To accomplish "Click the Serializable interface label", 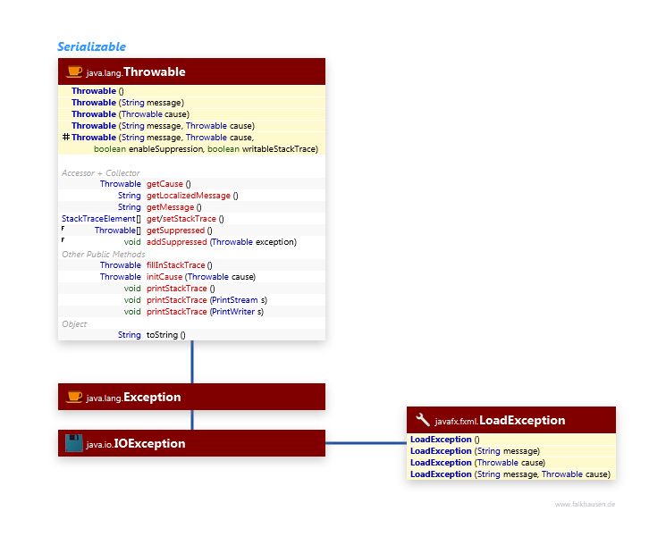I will click(x=91, y=46).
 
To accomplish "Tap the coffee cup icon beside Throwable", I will click(x=74, y=71).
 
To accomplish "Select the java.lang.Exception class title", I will click(x=133, y=397).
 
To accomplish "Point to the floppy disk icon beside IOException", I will click(x=74, y=443).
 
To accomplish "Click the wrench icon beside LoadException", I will click(x=423, y=420).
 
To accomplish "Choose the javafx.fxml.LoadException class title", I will click(x=500, y=420).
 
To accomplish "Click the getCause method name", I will click(x=164, y=184).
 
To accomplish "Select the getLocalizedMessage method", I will click(x=188, y=196).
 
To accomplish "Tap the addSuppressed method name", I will click(x=177, y=242).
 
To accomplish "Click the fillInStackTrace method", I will click(x=177, y=265).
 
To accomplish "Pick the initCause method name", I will click(x=164, y=277).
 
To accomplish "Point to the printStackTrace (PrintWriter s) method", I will click(x=205, y=312).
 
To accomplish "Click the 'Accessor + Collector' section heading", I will click(x=100, y=172).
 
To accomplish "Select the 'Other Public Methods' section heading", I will click(x=103, y=254).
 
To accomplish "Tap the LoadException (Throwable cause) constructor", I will click(x=477, y=463).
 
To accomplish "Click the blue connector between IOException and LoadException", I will click(x=361, y=442).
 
